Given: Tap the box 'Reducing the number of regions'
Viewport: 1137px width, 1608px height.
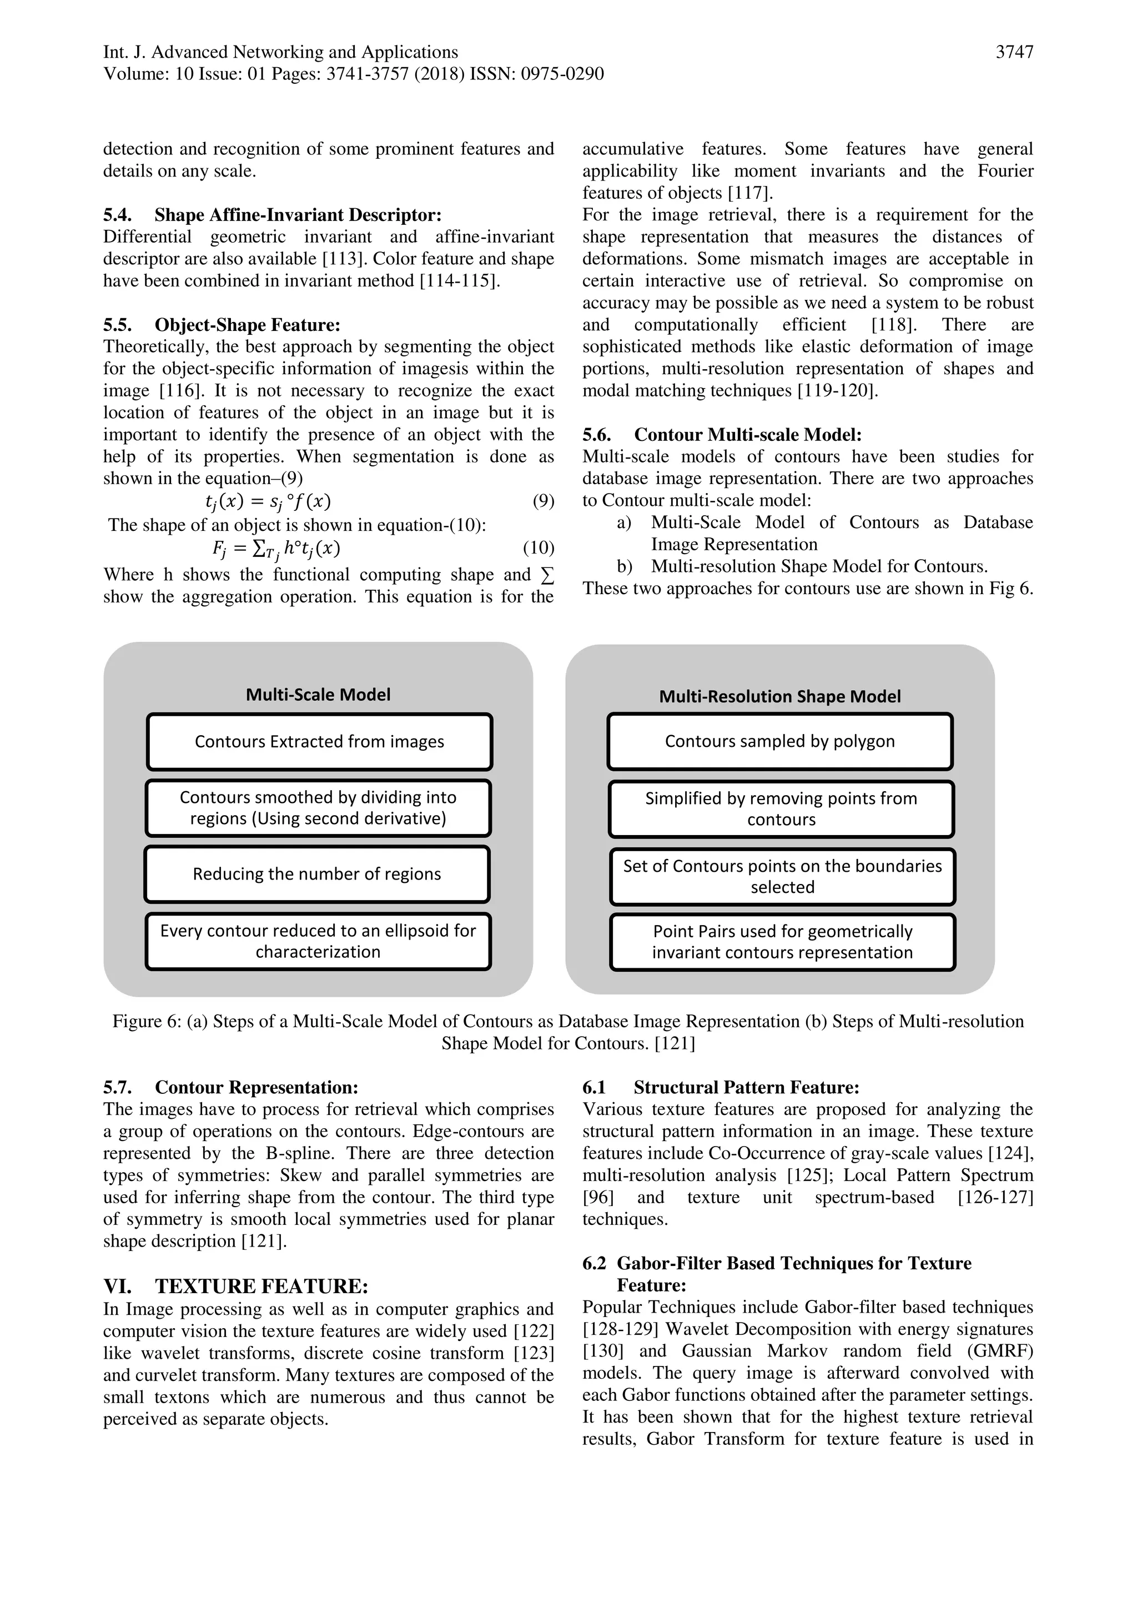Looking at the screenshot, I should point(317,874).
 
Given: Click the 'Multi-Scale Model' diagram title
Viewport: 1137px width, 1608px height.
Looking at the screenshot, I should point(318,695).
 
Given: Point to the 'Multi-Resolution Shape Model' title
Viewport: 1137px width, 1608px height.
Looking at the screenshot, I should point(780,697).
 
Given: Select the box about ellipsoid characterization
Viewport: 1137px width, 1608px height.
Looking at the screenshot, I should point(318,941).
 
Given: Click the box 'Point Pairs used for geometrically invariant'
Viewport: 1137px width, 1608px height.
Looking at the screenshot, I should point(782,942).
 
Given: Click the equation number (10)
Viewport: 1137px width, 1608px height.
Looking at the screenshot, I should point(539,547).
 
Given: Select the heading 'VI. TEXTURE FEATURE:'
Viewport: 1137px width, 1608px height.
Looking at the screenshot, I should point(236,1287).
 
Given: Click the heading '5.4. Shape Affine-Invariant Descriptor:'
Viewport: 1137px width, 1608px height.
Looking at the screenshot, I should point(273,215).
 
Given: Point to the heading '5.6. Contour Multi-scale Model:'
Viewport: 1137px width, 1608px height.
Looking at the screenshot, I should point(722,435).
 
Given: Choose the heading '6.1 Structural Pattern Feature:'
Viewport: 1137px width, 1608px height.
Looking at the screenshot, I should point(721,1088).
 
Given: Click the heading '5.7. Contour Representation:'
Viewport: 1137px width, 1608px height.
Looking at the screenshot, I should point(230,1088).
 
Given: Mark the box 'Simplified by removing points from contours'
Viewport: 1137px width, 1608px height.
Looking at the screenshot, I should point(781,809).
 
